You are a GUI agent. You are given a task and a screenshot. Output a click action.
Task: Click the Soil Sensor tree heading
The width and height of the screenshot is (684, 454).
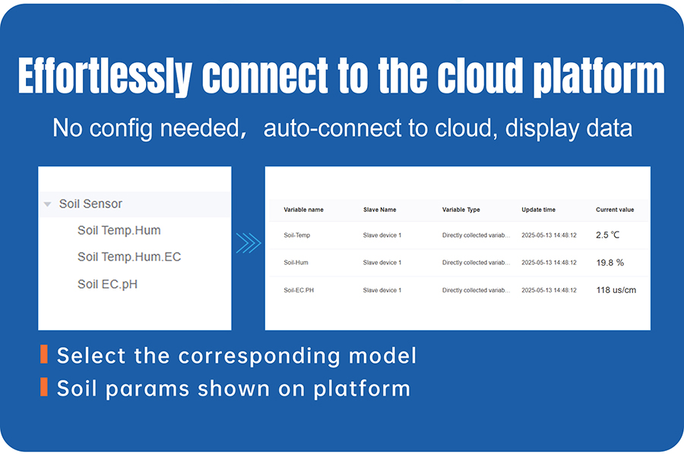[x=90, y=204]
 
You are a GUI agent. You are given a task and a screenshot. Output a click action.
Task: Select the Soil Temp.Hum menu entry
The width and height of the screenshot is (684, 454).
[x=119, y=231]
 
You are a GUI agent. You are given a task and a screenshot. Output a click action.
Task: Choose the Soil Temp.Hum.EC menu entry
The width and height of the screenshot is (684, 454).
[x=129, y=257]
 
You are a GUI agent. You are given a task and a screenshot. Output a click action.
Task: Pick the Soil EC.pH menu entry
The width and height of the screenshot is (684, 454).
[x=107, y=285]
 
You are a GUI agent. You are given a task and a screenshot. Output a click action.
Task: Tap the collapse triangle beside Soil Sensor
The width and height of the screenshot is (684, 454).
[x=48, y=204]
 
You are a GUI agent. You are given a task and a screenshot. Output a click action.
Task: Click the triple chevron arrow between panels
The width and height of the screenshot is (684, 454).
[x=249, y=243]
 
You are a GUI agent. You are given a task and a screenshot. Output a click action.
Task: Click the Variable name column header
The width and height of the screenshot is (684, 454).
[x=303, y=210]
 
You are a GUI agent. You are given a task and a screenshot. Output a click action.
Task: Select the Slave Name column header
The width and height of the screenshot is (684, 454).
[x=379, y=210]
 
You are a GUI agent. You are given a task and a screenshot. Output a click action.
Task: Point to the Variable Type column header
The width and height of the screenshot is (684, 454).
[x=461, y=210]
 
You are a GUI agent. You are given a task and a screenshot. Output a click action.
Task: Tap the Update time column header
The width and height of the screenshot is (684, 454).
[x=538, y=210]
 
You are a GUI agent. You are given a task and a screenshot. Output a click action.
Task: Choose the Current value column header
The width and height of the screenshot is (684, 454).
[x=615, y=210]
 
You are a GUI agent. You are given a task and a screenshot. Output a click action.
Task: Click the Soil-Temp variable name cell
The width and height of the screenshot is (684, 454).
[x=297, y=235]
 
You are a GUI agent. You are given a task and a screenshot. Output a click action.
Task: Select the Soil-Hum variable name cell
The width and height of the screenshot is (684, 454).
[x=296, y=263]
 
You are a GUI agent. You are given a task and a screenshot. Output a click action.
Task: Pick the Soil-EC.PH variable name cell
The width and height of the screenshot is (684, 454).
[x=299, y=290]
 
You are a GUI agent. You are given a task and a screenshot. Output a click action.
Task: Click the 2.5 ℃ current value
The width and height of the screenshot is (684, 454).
[x=608, y=235]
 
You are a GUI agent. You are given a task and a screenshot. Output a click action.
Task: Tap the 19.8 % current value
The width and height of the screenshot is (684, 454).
[x=610, y=263]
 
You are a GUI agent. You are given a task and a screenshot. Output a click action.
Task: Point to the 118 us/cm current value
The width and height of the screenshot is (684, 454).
[x=616, y=290]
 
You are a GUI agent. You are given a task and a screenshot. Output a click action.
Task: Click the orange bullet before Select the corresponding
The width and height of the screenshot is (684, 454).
[x=44, y=355]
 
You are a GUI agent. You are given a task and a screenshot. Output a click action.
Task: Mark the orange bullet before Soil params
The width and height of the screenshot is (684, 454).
[x=44, y=387]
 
